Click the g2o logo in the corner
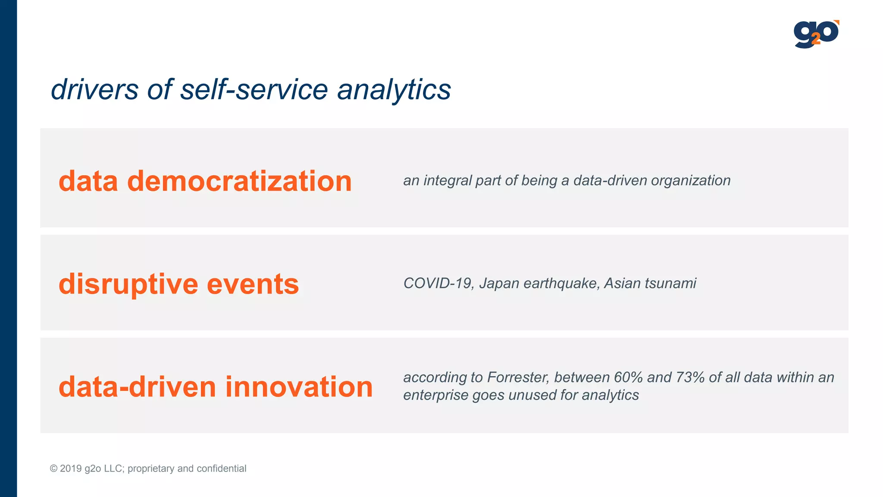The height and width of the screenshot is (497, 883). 816,34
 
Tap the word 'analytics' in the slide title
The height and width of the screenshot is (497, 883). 394,90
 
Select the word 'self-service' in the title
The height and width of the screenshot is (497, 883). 254,90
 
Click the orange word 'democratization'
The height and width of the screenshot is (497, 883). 239,181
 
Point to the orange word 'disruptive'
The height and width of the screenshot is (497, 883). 128,284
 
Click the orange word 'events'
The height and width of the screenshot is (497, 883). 253,284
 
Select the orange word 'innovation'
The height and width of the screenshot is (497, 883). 299,387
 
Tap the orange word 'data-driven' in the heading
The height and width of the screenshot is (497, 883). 137,387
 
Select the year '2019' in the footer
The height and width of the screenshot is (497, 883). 71,469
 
